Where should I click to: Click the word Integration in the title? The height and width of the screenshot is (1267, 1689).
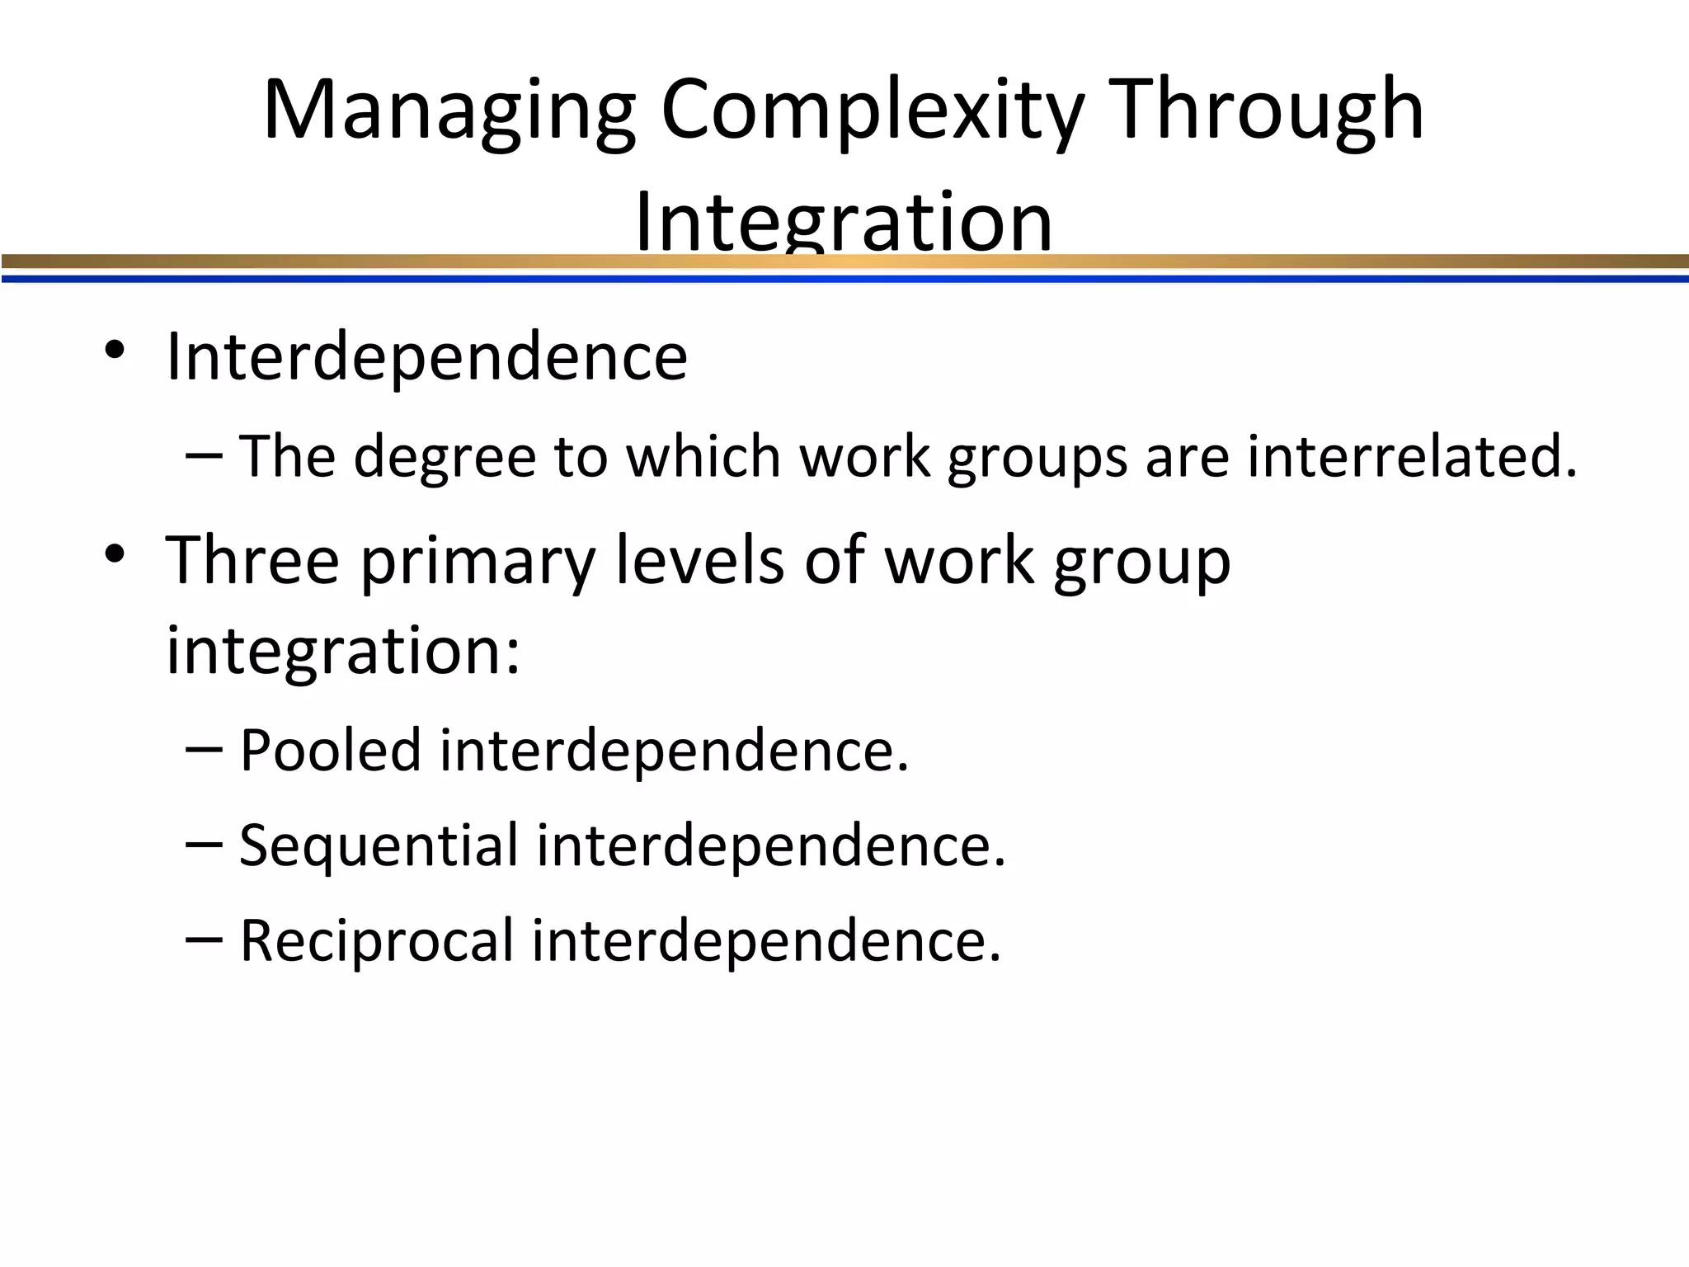coord(844,221)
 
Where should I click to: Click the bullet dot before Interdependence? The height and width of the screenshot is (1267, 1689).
coord(115,352)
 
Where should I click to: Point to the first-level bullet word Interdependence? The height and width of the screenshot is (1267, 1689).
coord(426,356)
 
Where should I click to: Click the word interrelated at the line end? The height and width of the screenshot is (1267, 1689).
coord(1412,456)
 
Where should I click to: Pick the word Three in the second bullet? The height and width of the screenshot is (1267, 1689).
coord(252,559)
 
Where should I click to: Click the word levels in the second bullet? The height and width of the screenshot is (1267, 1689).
coord(700,559)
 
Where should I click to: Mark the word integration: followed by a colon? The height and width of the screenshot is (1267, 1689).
coord(343,652)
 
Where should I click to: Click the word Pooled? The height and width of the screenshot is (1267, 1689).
coord(330,750)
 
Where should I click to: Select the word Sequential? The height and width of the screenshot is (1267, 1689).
coord(379,846)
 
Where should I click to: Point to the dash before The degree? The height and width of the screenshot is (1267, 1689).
coord(205,455)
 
